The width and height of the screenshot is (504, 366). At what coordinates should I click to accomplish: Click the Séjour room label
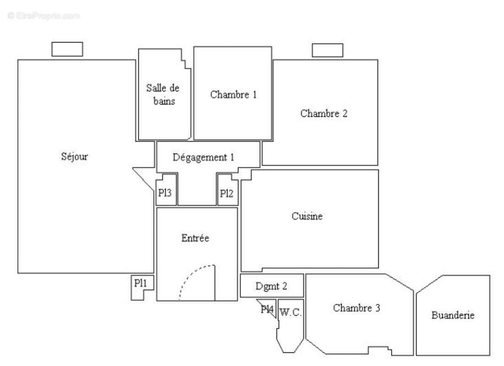pyautogui.click(x=75, y=156)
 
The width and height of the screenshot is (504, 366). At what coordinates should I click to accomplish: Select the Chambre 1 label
pyautogui.click(x=233, y=95)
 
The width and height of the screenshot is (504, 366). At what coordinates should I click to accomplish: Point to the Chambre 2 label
pyautogui.click(x=324, y=113)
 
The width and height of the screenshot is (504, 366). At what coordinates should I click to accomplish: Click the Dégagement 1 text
pyautogui.click(x=204, y=157)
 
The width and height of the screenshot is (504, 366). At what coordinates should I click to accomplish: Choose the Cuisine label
pyautogui.click(x=307, y=216)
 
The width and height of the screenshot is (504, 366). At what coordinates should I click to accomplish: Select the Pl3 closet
pyautogui.click(x=165, y=193)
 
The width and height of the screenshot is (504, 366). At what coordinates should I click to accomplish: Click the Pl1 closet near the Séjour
pyautogui.click(x=140, y=284)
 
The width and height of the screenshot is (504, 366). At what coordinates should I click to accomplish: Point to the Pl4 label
pyautogui.click(x=267, y=310)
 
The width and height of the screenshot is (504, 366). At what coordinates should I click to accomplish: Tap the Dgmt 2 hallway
pyautogui.click(x=272, y=286)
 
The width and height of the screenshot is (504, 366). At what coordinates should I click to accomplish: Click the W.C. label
pyautogui.click(x=290, y=313)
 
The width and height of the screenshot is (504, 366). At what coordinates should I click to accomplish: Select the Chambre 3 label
pyautogui.click(x=357, y=308)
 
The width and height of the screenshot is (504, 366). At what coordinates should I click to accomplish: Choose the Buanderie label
pyautogui.click(x=453, y=315)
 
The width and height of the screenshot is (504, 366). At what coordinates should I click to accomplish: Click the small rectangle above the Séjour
pyautogui.click(x=67, y=49)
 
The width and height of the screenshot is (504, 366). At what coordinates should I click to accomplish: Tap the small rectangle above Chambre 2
pyautogui.click(x=327, y=50)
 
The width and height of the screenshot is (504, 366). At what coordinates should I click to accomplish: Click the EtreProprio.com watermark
pyautogui.click(x=43, y=16)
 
